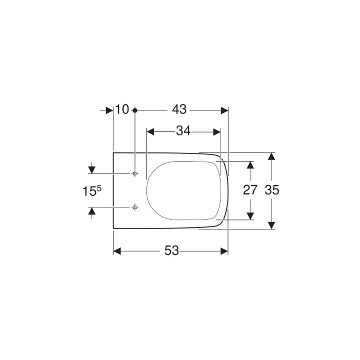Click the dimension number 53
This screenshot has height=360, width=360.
(171, 251)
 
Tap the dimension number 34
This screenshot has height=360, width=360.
(183, 131)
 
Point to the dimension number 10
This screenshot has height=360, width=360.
(122, 109)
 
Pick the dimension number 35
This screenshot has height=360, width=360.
(271, 190)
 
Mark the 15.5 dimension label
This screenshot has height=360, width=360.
(92, 190)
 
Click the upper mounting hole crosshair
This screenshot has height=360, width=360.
(135, 173)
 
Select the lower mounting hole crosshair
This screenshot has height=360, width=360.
(135, 206)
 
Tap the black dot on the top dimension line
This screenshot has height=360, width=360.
(135, 109)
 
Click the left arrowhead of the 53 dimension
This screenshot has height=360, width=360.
(117, 251)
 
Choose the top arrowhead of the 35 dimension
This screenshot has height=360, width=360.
(271, 156)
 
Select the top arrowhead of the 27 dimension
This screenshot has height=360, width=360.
(249, 164)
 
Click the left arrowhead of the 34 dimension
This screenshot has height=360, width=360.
(149, 131)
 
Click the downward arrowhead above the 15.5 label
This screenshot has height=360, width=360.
(91, 170)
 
